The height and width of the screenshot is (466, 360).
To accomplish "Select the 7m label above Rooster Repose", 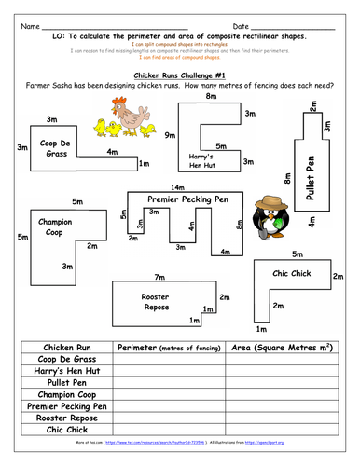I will tap(159, 277).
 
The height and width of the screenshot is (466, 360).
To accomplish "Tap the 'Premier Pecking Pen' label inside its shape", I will tap(187, 199).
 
